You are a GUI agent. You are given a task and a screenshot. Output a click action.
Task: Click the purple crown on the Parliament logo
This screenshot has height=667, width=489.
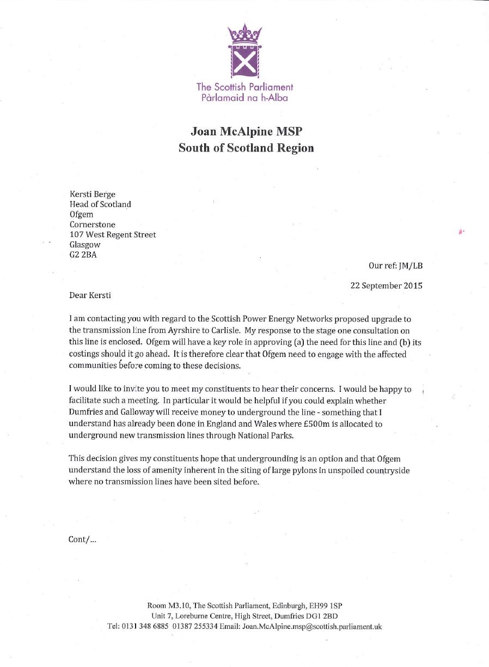coord(244,34)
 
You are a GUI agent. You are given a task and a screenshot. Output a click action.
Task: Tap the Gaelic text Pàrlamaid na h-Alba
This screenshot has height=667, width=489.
coord(244,98)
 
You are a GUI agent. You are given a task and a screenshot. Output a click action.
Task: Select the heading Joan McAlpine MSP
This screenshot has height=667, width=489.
coord(246,132)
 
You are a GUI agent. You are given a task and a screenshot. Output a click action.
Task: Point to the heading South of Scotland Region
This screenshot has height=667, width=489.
coord(246,148)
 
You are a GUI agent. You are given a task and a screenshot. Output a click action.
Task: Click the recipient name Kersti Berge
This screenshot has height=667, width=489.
coord(93,195)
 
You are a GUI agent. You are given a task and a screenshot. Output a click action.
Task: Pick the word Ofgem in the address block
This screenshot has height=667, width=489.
coord(82,214)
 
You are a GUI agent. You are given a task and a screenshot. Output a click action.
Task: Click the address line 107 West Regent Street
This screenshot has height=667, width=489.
coord(113,235)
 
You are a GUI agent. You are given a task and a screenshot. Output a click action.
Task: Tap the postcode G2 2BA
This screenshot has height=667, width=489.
coord(83,255)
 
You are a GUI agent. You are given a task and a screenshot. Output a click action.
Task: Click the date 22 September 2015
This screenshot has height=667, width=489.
coord(386,286)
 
